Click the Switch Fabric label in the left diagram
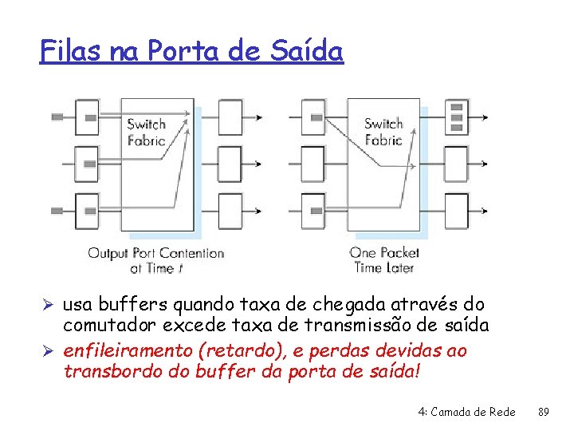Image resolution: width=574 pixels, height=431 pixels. [x=147, y=132]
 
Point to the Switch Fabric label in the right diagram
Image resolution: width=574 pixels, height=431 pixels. [x=383, y=132]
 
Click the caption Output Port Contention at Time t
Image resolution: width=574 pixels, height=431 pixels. [x=155, y=261]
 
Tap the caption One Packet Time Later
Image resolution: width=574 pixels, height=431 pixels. [x=385, y=261]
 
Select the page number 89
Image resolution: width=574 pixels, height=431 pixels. [x=545, y=412]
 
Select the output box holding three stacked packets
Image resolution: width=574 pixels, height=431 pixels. [x=457, y=117]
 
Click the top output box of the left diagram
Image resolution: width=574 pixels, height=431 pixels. [x=230, y=117]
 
